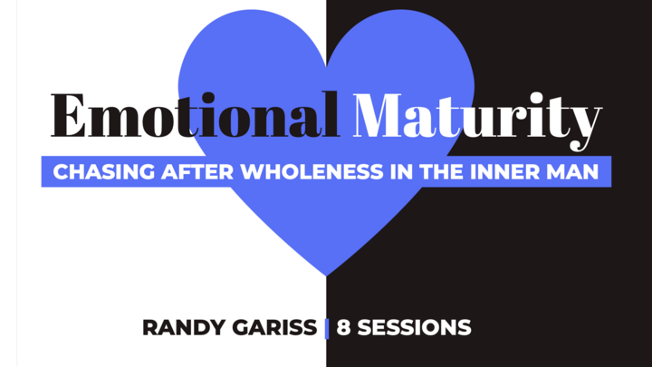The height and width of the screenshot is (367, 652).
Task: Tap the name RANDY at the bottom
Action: (177, 327)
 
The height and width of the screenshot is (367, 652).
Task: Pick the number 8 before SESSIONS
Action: (344, 327)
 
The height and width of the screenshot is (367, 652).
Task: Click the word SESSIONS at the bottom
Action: (414, 327)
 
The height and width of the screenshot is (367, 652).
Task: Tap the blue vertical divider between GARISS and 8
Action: (327, 328)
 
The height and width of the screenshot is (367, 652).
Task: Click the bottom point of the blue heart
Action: (326, 274)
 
